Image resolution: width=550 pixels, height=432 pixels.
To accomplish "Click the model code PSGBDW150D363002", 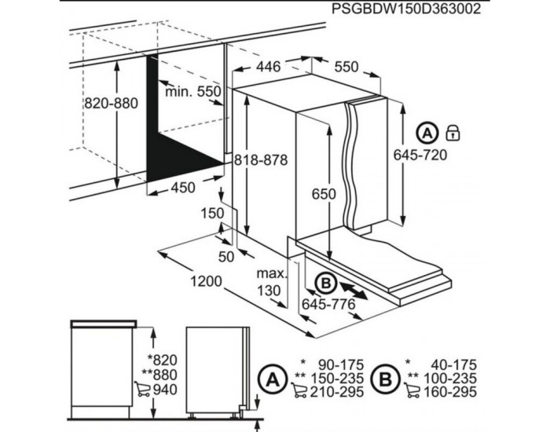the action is (x=406, y=9).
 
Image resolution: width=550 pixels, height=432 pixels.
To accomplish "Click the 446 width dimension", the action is (x=269, y=66).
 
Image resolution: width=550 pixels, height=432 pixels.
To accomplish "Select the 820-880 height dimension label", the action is (x=112, y=104).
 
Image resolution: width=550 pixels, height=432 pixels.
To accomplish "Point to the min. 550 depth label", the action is (x=193, y=92).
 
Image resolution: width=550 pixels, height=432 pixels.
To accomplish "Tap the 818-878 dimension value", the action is (x=261, y=160).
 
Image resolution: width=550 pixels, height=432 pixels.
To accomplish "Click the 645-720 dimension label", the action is (x=420, y=155).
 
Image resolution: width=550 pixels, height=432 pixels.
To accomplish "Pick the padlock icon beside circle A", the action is (x=453, y=133).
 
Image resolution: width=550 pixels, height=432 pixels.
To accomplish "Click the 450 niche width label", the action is (x=183, y=188).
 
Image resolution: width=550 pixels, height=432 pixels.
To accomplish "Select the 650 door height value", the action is (x=324, y=194).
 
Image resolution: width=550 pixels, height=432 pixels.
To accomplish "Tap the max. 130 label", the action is (x=272, y=282).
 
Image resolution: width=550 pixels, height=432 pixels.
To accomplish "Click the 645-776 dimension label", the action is (x=328, y=305).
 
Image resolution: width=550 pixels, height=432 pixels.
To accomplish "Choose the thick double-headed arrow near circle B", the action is (x=354, y=291).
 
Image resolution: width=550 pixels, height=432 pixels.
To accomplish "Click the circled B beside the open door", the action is (x=326, y=283).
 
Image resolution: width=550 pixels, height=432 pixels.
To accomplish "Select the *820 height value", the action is (x=163, y=360).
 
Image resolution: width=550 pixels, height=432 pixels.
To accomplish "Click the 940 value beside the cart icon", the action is (x=165, y=390).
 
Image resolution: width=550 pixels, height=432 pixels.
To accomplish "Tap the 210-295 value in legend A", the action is (x=337, y=392).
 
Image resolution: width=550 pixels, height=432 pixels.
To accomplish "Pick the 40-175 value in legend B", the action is (x=453, y=365).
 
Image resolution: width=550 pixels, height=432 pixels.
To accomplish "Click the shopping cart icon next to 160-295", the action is (x=412, y=390).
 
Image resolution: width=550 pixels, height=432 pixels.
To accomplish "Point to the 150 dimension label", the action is (x=213, y=213).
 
